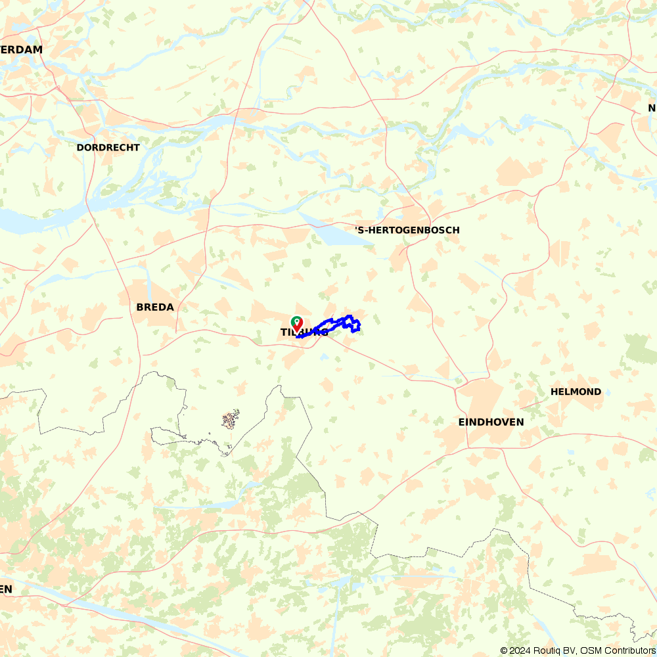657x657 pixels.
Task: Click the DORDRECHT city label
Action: pos(108,148)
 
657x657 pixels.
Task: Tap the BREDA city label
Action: pos(155,307)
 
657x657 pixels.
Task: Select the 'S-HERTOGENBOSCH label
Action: pos(407,231)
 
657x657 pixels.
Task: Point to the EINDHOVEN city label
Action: pos(491,422)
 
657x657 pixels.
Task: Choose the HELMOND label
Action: pos(576,392)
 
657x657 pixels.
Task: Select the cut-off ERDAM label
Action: pos(21,50)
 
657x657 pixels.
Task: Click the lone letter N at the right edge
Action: pos(652,108)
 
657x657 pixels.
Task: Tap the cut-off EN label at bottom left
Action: pos(6,589)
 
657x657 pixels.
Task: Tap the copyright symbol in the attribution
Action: pos(504,650)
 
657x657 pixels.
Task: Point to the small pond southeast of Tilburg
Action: pos(325,357)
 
